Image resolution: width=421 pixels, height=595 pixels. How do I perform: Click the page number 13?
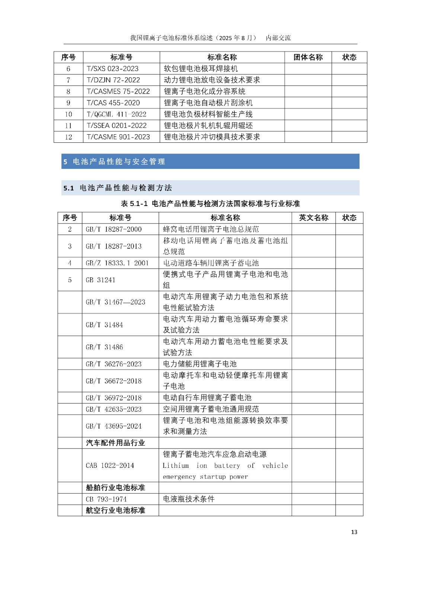(354, 532)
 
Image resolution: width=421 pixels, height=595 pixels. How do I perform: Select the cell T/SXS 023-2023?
(112, 69)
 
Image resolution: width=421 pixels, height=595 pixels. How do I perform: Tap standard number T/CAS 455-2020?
(113, 103)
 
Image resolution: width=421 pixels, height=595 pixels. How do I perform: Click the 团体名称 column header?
(308, 57)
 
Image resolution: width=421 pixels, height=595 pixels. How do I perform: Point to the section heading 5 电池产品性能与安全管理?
(114, 162)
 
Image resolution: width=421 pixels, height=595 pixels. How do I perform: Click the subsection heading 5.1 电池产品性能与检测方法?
(118, 188)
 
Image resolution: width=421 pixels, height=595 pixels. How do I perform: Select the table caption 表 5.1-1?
(210, 204)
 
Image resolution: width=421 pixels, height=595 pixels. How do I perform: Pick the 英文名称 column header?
(313, 218)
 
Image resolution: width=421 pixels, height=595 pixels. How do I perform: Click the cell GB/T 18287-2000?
(114, 229)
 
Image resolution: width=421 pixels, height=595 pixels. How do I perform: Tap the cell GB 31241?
(101, 280)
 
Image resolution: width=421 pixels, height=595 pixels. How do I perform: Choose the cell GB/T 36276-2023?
(114, 364)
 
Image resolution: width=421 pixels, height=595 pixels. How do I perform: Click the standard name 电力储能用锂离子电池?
(200, 364)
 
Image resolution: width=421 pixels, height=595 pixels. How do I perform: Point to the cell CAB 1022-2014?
(110, 466)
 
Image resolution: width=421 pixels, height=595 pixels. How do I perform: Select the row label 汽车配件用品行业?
(115, 443)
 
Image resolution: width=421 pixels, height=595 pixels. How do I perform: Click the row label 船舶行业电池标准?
(115, 488)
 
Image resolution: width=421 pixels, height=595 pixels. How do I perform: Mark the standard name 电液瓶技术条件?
(189, 499)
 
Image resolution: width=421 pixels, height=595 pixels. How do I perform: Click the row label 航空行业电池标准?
(115, 511)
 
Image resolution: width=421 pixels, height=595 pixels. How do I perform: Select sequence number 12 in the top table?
(68, 137)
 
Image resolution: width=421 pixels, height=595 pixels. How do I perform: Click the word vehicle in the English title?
(275, 466)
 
